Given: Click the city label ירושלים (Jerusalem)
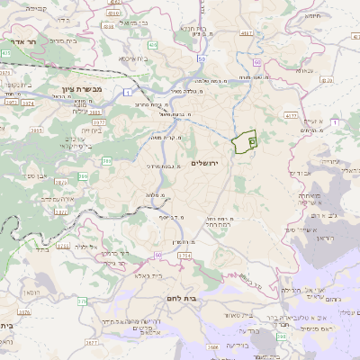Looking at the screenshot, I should (206, 162).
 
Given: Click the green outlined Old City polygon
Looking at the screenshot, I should (244, 142).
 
